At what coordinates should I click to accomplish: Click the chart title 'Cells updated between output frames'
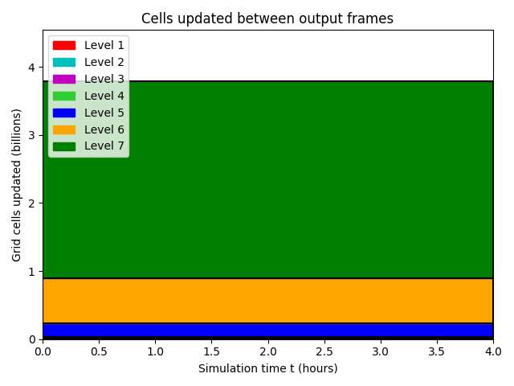pyautogui.click(x=267, y=18)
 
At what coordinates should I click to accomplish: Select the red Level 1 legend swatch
pyautogui.click(x=64, y=45)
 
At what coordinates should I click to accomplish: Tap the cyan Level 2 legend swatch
pyautogui.click(x=64, y=62)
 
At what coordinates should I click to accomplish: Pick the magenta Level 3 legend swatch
pyautogui.click(x=64, y=79)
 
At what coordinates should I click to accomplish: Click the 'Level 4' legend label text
pyautogui.click(x=104, y=96)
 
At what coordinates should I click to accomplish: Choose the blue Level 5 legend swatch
pyautogui.click(x=64, y=113)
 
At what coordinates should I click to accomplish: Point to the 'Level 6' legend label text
pyautogui.click(x=104, y=129)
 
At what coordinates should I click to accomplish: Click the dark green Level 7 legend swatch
pyautogui.click(x=64, y=146)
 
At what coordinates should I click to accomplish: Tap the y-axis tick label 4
pyautogui.click(x=31, y=68)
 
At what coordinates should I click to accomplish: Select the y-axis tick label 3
pyautogui.click(x=31, y=135)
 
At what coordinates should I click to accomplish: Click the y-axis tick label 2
pyautogui.click(x=31, y=203)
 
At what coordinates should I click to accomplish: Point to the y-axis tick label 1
pyautogui.click(x=31, y=272)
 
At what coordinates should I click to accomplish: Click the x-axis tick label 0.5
pyautogui.click(x=99, y=352)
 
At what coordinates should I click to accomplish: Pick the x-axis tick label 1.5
pyautogui.click(x=212, y=352)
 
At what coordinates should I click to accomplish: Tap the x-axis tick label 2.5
pyautogui.click(x=324, y=352)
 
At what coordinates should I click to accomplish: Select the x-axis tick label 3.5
pyautogui.click(x=437, y=352)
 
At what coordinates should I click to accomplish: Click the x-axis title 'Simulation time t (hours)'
pyautogui.click(x=267, y=368)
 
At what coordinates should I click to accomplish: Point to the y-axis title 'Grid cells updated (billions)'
pyautogui.click(x=16, y=186)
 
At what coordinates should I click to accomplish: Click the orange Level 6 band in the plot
pyautogui.click(x=267, y=301)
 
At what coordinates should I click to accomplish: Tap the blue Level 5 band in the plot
pyautogui.click(x=267, y=330)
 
